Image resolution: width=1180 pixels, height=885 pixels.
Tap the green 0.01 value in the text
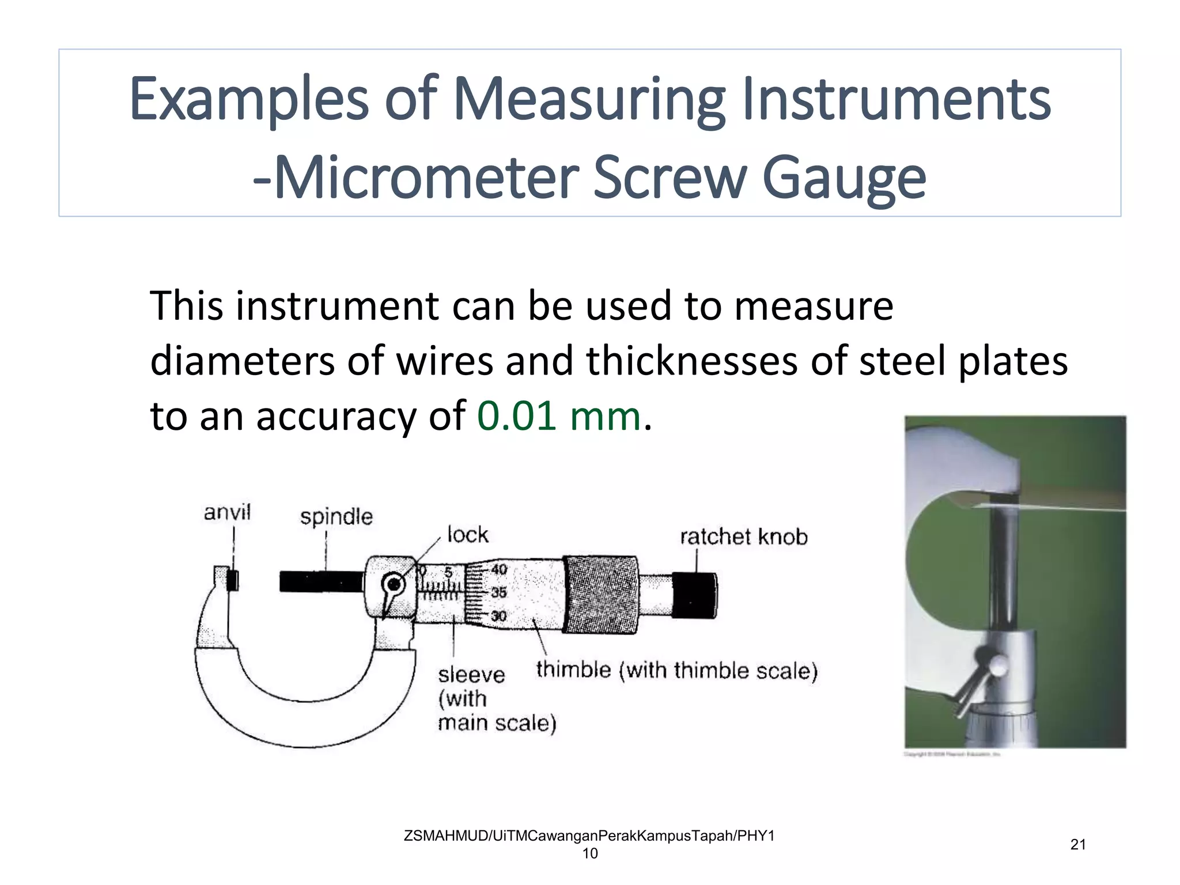[x=516, y=416]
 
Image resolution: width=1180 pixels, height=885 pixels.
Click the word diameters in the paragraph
[x=242, y=361]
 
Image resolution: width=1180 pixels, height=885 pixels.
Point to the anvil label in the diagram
[x=227, y=512]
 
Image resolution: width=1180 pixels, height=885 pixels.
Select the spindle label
[x=336, y=516]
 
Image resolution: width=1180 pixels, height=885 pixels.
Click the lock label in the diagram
[x=468, y=535]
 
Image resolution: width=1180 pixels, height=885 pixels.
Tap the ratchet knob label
[x=743, y=537]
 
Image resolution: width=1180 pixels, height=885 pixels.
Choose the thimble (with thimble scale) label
[x=676, y=671]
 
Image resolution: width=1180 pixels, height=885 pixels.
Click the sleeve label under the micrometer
[x=471, y=675]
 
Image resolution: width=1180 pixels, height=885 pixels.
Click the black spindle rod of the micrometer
[x=321, y=581]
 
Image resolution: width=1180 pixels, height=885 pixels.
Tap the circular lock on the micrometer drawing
[x=394, y=584]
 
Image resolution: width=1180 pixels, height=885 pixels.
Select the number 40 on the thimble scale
[x=499, y=569]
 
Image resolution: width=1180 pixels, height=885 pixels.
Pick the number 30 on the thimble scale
[x=499, y=616]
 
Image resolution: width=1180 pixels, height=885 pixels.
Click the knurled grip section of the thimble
[x=600, y=595]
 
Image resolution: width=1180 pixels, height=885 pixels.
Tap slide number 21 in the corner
[x=1078, y=845]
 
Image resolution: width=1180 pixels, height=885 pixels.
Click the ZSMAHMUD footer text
[x=589, y=836]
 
